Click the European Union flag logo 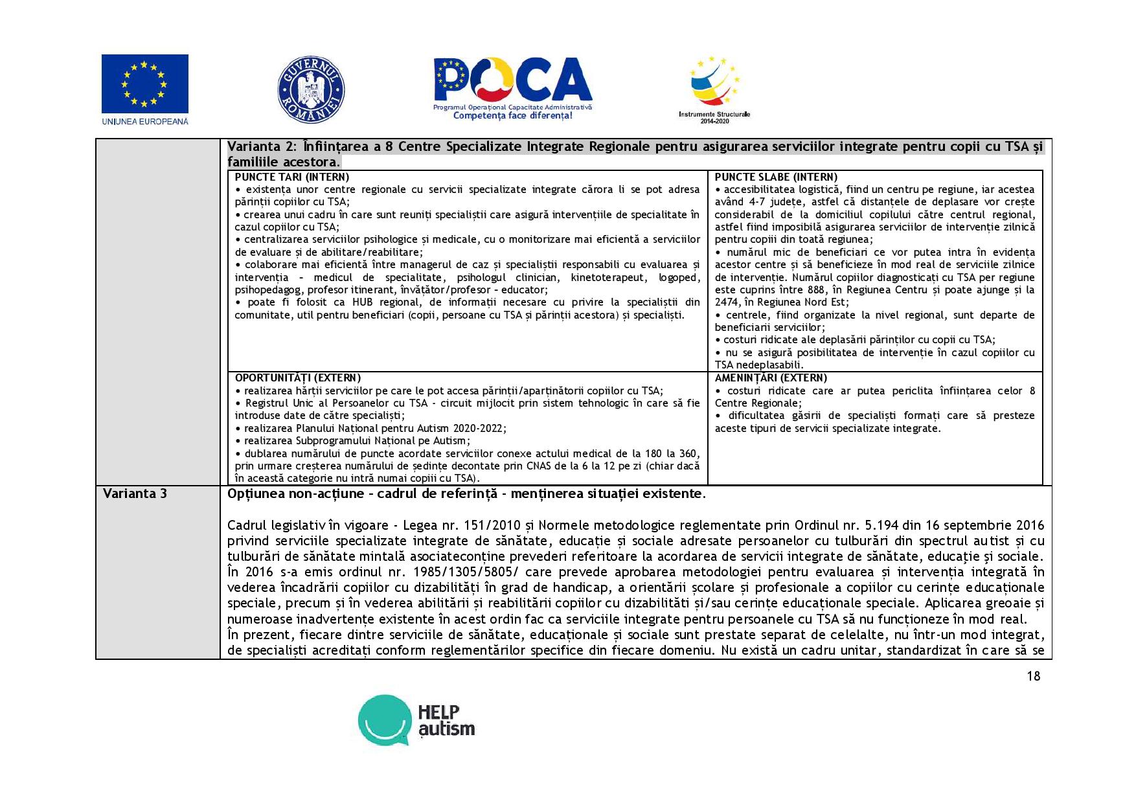coord(144,84)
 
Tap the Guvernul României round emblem coord(311,89)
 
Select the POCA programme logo coord(512,82)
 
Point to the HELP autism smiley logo coord(385,720)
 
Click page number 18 coord(1033,676)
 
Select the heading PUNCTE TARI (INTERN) coord(291,177)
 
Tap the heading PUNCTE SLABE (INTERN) coord(775,177)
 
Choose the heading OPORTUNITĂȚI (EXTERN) coord(297,378)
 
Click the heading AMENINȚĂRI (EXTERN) coord(771,378)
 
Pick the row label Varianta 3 coord(135,493)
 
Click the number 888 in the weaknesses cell coord(815,289)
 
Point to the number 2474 coord(726,302)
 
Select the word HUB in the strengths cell coord(363,302)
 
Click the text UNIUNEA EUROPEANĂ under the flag coord(144,121)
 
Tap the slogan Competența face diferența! coord(512,116)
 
